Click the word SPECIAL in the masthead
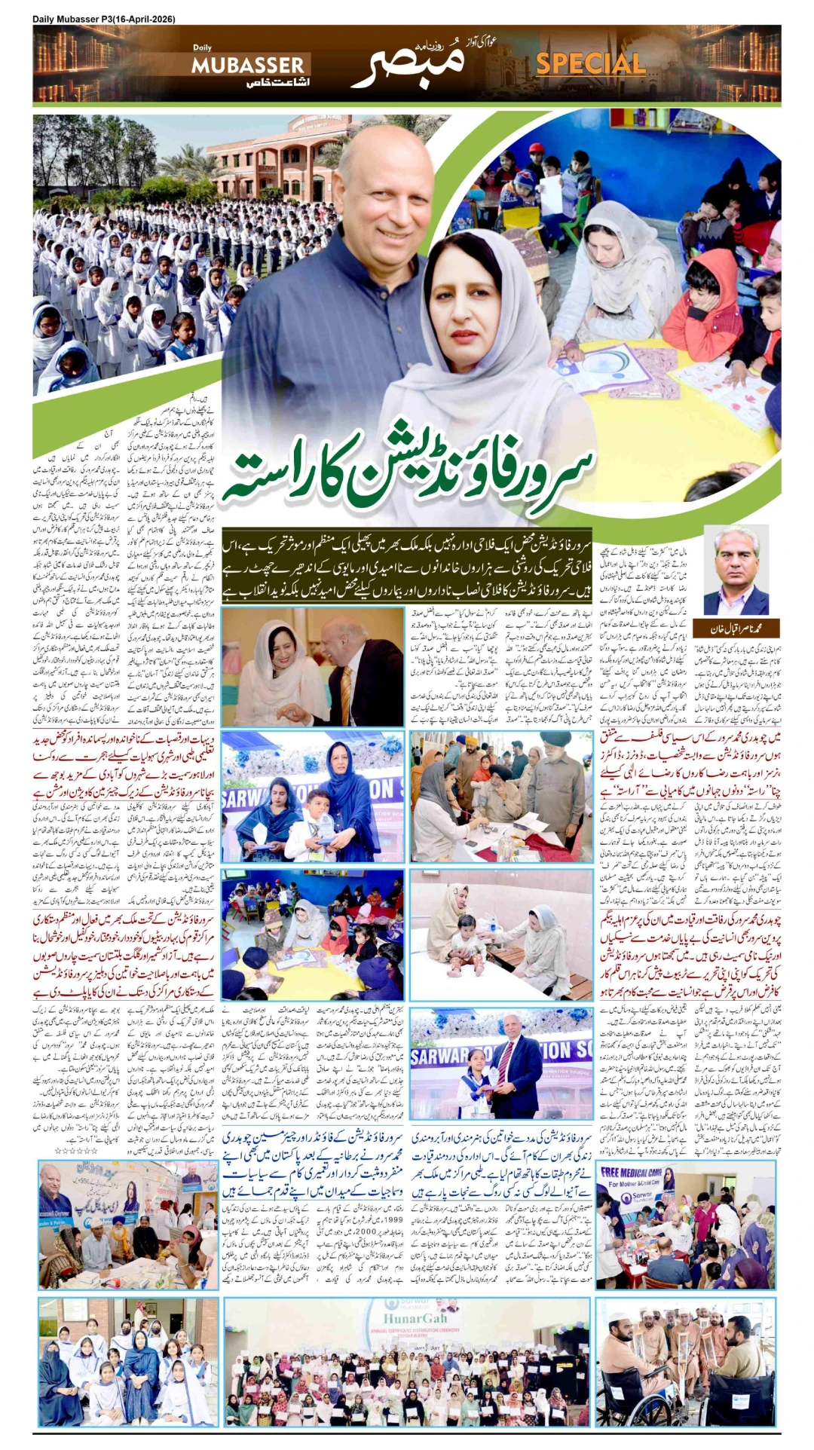[590, 64]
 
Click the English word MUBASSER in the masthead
[247, 66]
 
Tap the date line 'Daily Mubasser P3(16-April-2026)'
[104, 20]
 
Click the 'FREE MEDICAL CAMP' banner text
[631, 1172]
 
